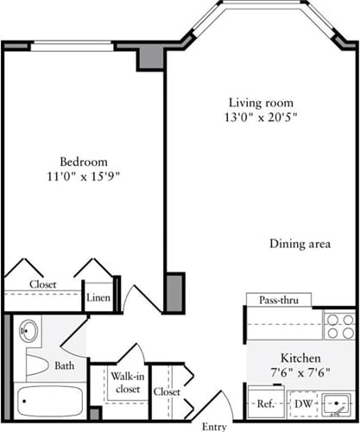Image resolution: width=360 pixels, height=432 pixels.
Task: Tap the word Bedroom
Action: click(x=83, y=162)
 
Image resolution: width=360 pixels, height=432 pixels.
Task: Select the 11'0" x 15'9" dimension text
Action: click(x=83, y=176)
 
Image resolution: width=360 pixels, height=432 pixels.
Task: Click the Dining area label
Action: click(x=300, y=245)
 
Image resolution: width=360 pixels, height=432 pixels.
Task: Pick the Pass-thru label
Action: click(x=278, y=300)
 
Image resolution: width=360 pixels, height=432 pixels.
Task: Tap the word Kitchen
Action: click(x=300, y=358)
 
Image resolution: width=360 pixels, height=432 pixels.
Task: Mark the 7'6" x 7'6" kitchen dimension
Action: click(x=300, y=373)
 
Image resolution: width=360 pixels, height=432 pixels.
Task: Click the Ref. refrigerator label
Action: click(x=262, y=403)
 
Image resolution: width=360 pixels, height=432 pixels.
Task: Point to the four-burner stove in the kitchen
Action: click(x=338, y=326)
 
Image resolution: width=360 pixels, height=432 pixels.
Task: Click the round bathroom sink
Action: click(x=28, y=330)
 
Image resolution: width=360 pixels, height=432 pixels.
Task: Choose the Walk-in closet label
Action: click(x=126, y=383)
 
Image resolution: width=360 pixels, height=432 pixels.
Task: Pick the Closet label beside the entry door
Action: click(x=167, y=391)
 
